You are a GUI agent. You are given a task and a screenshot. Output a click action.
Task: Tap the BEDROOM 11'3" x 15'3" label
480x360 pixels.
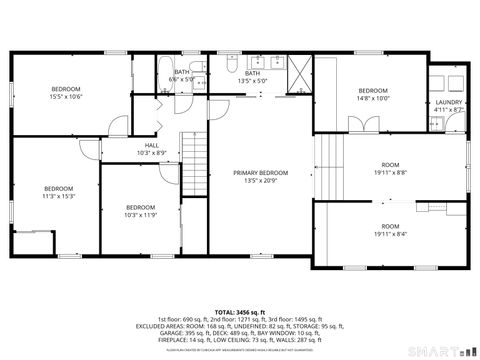click(58, 192)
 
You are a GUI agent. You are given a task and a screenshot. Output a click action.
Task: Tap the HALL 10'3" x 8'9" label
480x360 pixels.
click(151, 148)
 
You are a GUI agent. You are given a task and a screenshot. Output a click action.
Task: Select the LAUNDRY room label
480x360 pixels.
click(449, 106)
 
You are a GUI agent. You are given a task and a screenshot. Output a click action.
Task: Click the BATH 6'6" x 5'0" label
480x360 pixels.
click(182, 76)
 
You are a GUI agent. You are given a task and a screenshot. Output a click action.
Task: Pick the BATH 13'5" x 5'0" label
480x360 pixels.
click(252, 76)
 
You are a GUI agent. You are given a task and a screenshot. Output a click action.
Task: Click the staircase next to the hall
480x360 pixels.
click(192, 165)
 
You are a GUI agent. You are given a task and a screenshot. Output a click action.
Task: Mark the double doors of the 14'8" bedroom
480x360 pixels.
click(359, 124)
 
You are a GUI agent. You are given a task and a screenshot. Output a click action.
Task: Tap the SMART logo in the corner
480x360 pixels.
click(440, 350)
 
